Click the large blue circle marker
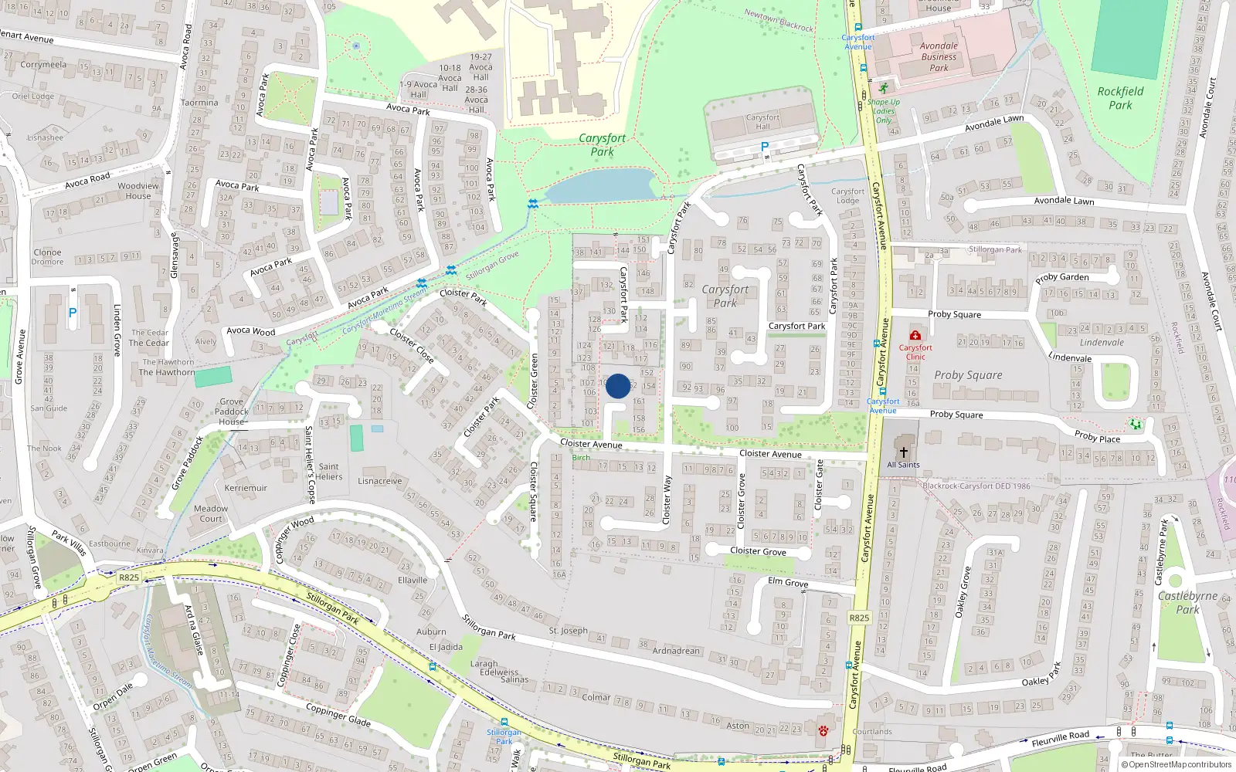(x=617, y=386)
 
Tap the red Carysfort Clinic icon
(x=915, y=335)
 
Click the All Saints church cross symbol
(x=903, y=452)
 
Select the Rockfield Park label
(x=1120, y=98)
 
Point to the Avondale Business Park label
(x=939, y=56)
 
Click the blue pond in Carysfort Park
(x=601, y=186)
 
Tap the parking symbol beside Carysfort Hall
(x=765, y=147)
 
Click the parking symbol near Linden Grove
(x=73, y=313)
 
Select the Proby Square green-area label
(x=968, y=375)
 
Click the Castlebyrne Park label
(x=1187, y=602)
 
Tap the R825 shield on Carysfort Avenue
(x=859, y=618)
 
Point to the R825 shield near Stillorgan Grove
(x=129, y=577)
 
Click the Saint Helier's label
(x=328, y=472)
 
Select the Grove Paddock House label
(x=232, y=411)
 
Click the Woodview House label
(x=138, y=191)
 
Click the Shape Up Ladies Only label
(x=883, y=111)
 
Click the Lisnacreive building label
(x=379, y=481)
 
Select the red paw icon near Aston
(x=823, y=730)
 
